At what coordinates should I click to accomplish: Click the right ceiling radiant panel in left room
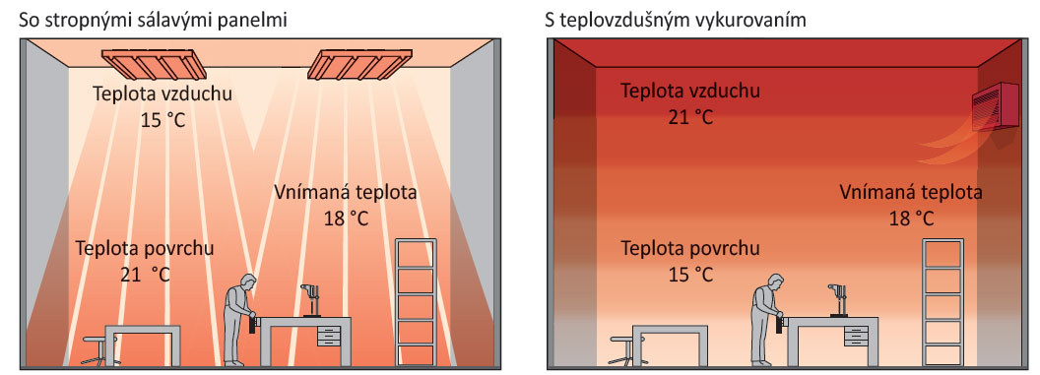[357, 63]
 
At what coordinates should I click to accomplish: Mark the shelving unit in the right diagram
[942, 300]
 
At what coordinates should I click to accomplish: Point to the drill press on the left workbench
[308, 298]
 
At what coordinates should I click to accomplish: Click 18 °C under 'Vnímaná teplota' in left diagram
[346, 218]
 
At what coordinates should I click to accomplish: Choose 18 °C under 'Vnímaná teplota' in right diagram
[910, 217]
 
